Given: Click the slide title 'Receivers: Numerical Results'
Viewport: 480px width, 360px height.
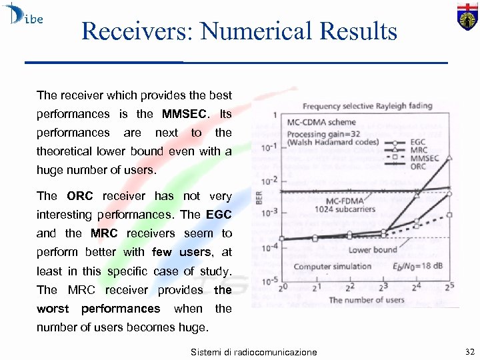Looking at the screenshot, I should tap(239, 31).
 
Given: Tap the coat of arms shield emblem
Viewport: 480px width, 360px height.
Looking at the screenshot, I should tap(466, 16).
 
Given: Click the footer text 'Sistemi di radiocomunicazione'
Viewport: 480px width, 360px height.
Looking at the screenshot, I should tap(253, 351).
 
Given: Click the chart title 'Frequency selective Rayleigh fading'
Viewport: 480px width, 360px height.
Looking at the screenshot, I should tap(367, 106).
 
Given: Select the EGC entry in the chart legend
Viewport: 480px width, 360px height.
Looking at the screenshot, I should tap(418, 142).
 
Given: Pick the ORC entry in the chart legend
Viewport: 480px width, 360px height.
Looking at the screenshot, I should tap(418, 167).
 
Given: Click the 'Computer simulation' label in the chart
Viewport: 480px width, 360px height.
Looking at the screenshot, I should tap(333, 267).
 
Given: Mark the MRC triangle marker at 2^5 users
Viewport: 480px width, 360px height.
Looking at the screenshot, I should tap(449, 158).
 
